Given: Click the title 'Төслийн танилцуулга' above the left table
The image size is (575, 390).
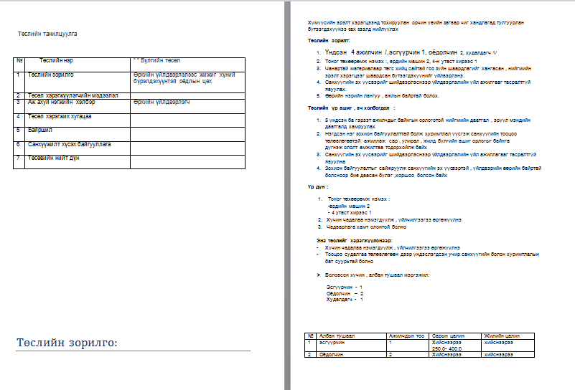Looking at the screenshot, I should [47, 34].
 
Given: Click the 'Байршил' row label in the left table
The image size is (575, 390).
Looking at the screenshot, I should [39, 131].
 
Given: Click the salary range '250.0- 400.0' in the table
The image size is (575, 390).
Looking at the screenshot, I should [446, 348].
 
